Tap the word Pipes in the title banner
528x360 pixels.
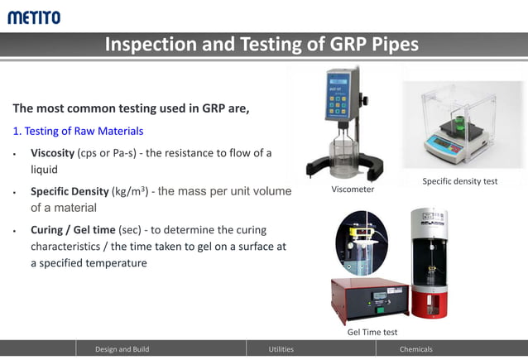click(390, 45)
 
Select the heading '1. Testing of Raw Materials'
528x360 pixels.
click(78, 131)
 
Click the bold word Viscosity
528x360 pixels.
click(52, 153)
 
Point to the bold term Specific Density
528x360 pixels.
click(70, 191)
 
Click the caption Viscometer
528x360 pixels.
click(353, 190)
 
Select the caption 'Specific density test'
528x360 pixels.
click(460, 181)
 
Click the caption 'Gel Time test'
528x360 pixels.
click(372, 332)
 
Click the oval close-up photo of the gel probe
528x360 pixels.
click(361, 242)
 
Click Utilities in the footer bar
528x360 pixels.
click(281, 349)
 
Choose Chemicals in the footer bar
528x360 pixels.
click(415, 349)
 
